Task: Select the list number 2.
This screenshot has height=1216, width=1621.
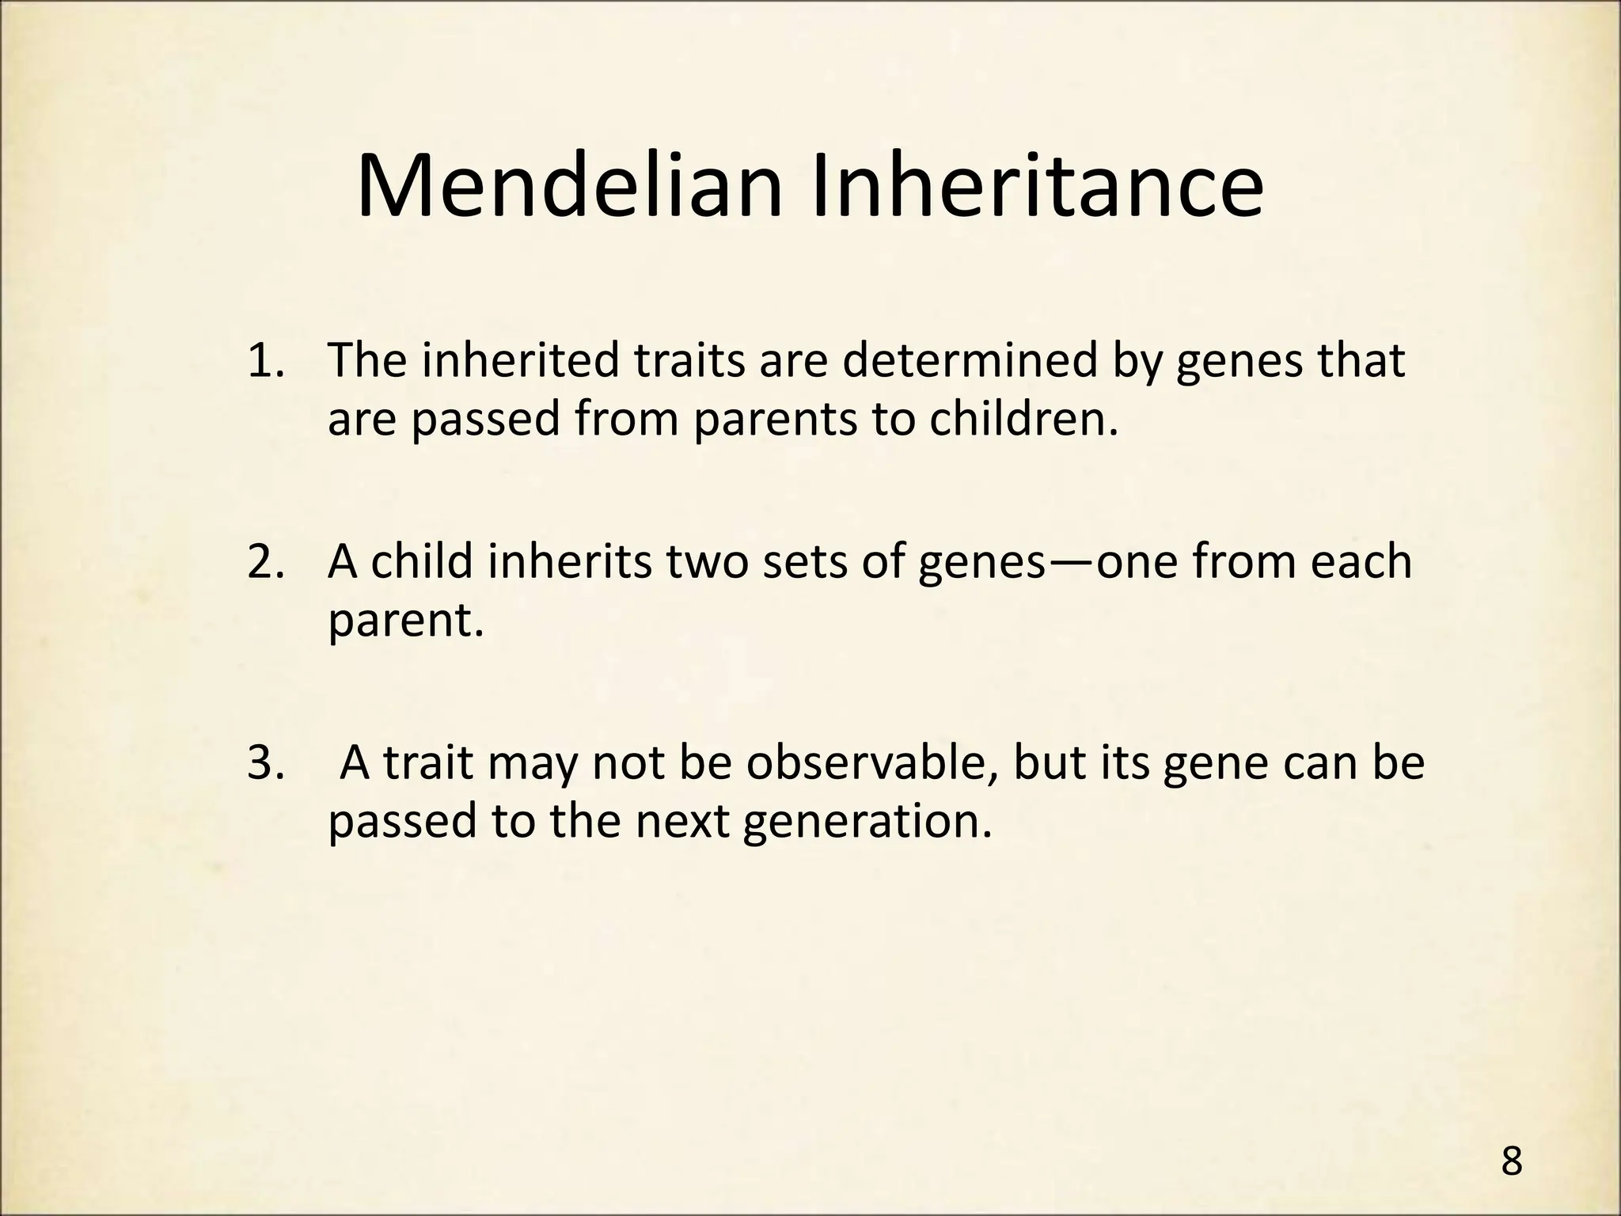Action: click(x=266, y=561)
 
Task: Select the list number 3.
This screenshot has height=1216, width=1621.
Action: click(x=266, y=763)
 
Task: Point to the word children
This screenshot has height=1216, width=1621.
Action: click(x=1024, y=420)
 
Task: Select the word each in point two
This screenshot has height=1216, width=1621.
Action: click(x=1361, y=561)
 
